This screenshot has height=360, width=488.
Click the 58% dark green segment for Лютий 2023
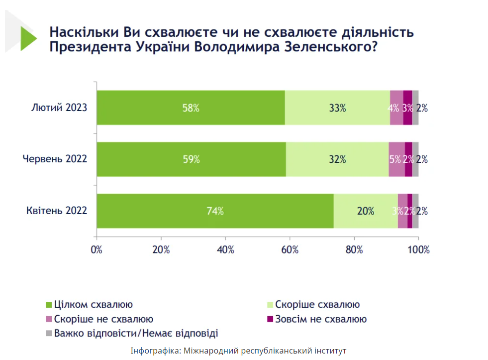click(x=191, y=108)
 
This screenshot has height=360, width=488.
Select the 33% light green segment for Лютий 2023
click(x=337, y=108)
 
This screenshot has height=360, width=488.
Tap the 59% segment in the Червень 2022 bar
click(x=191, y=159)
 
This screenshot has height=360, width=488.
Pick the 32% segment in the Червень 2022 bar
click(x=337, y=159)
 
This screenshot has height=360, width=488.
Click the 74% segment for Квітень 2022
click(x=215, y=211)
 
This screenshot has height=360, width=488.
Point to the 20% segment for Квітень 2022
click(x=365, y=211)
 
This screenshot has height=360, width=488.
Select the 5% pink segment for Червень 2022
click(x=396, y=159)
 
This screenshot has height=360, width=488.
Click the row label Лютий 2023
click(x=59, y=108)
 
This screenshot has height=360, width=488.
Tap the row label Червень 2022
click(x=55, y=159)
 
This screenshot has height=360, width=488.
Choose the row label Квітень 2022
click(x=57, y=211)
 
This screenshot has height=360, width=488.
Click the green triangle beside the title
click(x=28, y=39)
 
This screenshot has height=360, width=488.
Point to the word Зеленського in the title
click(x=322, y=49)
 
